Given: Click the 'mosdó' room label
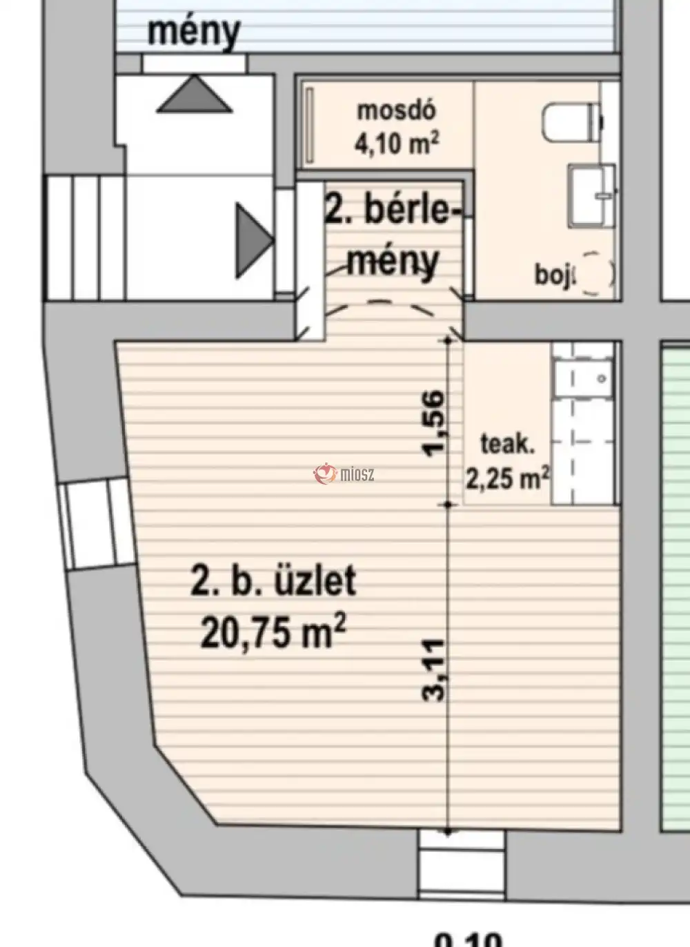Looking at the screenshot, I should coord(396,110).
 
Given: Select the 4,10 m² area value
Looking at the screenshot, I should coord(397,143).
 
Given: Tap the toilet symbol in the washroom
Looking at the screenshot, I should coord(571,122).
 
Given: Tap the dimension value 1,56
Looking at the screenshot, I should coord(434,423).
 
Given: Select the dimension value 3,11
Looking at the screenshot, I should coord(434,670).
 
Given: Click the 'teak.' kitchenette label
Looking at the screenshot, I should coord(507,444).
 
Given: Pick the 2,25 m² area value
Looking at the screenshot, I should coord(507,477).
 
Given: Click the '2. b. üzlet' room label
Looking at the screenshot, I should coord(273,580).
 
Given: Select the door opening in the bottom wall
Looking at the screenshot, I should coord(462,863).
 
